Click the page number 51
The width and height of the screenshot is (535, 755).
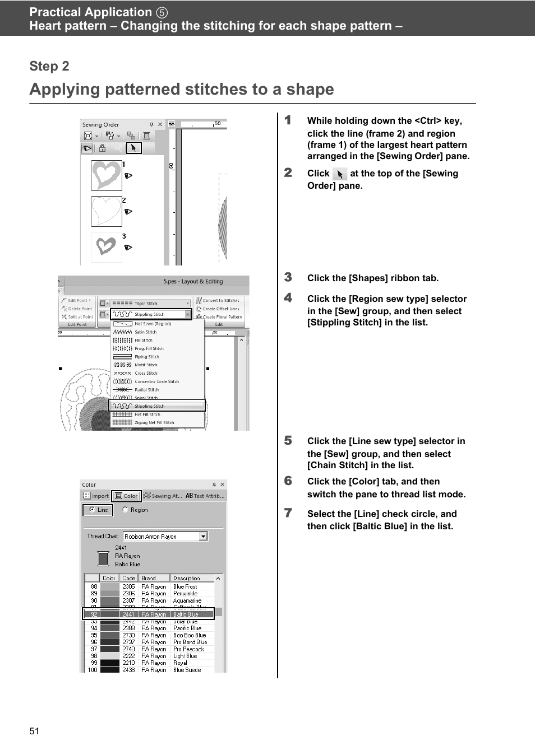pos(34,731)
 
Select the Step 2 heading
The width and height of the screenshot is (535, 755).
pos(49,66)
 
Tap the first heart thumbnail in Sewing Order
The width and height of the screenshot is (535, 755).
pos(107,175)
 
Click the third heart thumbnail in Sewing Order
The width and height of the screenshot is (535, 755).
pos(107,246)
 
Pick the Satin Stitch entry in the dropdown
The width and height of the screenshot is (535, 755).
pos(145,332)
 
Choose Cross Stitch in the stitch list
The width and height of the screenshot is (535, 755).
pos(146,373)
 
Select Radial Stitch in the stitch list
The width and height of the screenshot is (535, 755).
pos(146,390)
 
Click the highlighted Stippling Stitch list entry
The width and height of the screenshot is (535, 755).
pos(149,406)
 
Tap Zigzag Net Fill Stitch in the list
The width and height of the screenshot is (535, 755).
pos(154,423)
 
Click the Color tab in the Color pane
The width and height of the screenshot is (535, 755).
pos(126,496)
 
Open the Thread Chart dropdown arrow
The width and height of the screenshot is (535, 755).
pos(204,537)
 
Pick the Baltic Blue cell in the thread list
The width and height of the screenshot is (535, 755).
pos(186,614)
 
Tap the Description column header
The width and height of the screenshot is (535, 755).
pos(186,578)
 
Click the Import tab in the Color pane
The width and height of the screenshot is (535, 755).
pos(96,496)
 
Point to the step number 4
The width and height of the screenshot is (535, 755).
pos(288,298)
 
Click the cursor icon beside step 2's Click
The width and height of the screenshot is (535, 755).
pos(340,174)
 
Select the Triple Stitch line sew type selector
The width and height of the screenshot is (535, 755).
pos(150,304)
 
